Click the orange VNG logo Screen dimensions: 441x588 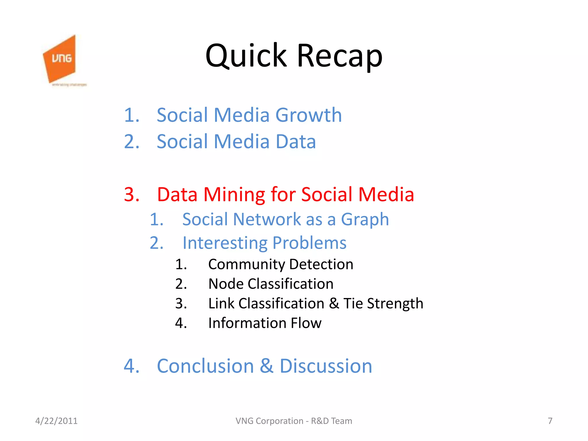tap(60, 59)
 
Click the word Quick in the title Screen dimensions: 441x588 tap(246, 56)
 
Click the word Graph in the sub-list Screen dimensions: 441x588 tap(365, 220)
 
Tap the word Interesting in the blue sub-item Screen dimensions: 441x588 tap(225, 243)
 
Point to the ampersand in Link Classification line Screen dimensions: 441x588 tap(334, 303)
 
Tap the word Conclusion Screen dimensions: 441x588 tap(205, 366)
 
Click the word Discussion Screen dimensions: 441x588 tap(326, 366)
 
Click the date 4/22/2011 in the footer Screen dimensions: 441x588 tap(56, 421)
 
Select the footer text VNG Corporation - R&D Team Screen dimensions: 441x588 tap(294, 421)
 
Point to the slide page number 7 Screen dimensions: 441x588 tap(550, 421)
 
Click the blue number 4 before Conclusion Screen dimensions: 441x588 tap(131, 366)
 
